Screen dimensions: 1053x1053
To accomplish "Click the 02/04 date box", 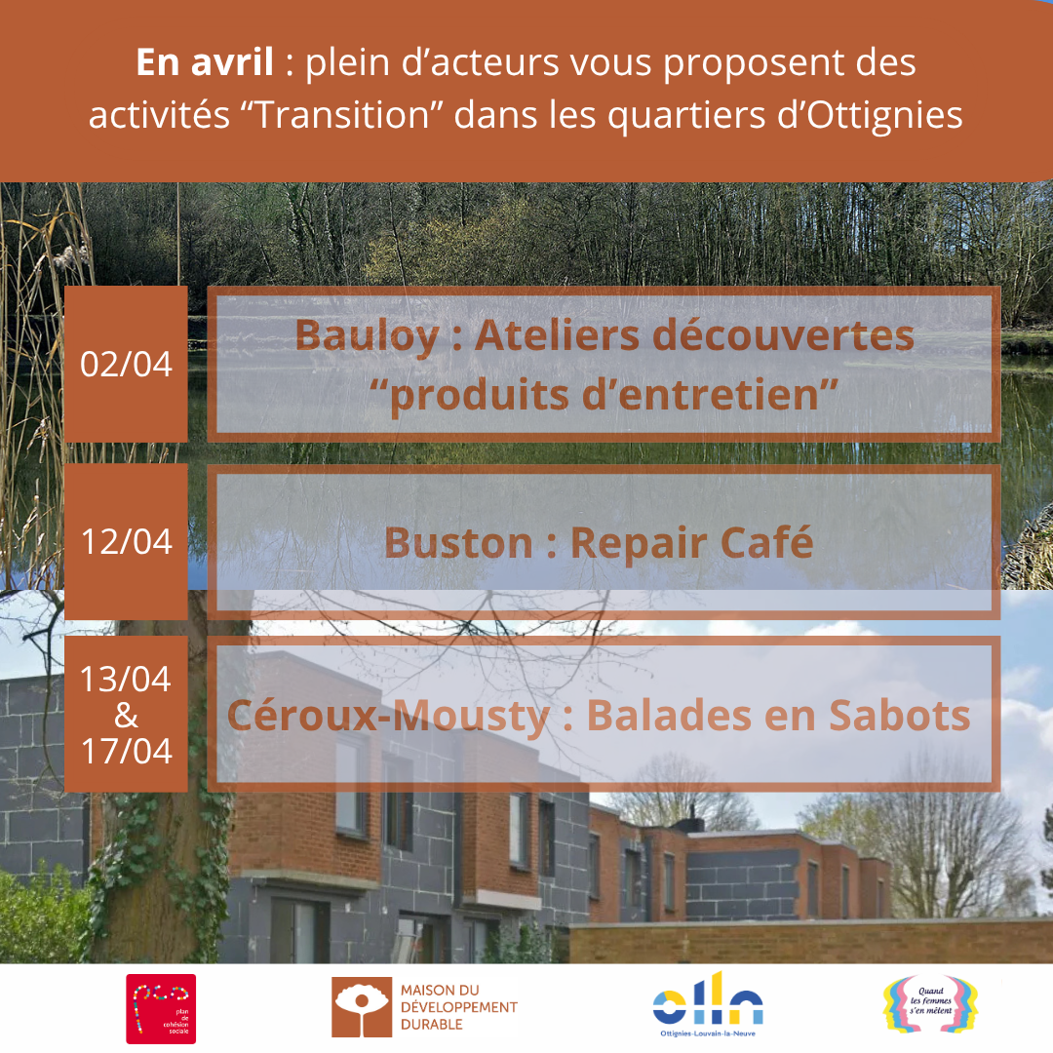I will coord(126,364).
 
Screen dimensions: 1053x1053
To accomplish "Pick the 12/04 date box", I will coord(126,541).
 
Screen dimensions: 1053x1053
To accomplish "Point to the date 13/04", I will coord(126,679).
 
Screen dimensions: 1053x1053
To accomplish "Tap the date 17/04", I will coord(126,752).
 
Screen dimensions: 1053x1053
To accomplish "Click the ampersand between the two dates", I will coord(126,716).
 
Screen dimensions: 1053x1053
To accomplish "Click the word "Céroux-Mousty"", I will coord(389,717).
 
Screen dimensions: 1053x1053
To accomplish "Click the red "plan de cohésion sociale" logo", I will coord(161,1008).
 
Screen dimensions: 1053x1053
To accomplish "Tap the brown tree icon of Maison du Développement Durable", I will coord(362,1008).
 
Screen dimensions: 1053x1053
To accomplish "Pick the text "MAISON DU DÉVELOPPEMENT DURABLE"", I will coord(458,1007).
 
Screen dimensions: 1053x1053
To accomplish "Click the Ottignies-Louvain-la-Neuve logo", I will coord(708,1003).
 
